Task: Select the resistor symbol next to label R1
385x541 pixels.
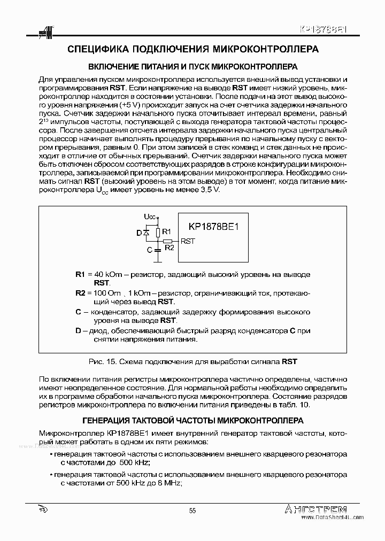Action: tap(157, 232)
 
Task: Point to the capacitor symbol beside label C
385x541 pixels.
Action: tap(157, 250)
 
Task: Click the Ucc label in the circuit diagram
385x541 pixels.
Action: tap(150, 217)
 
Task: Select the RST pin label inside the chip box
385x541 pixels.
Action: tap(188, 241)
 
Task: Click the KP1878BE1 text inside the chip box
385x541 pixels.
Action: tap(213, 226)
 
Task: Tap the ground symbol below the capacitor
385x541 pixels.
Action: tap(157, 261)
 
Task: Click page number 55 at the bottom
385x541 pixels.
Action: tap(192, 511)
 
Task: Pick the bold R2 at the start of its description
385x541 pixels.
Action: tap(80, 293)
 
